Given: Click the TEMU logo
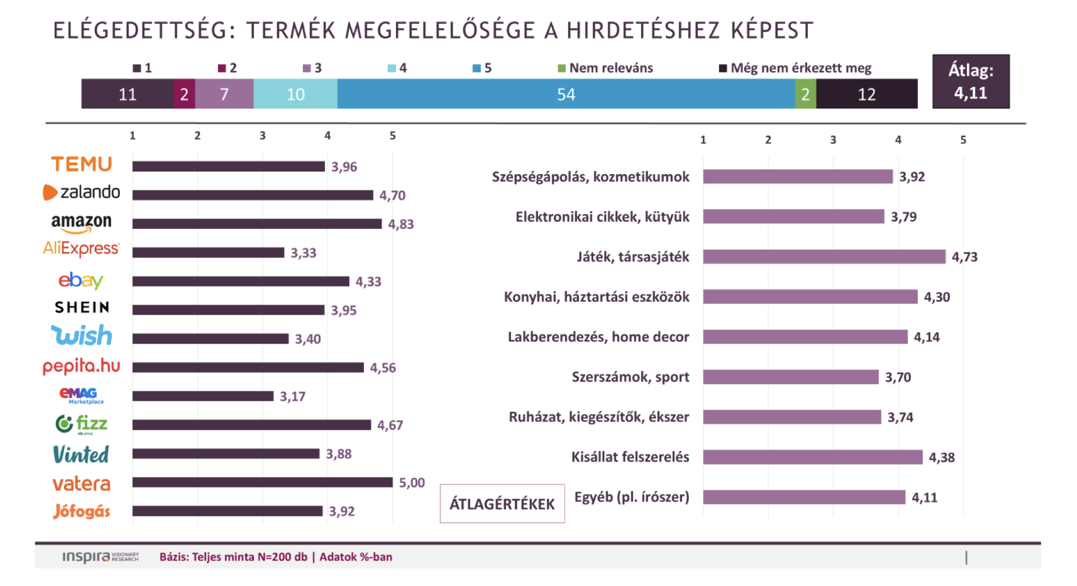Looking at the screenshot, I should pyautogui.click(x=82, y=164).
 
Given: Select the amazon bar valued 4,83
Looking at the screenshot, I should pyautogui.click(x=257, y=224).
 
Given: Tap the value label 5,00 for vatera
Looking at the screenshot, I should pyautogui.click(x=411, y=482).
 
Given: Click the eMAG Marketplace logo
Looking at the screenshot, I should pyautogui.click(x=81, y=396).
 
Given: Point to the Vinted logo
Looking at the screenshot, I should pyautogui.click(x=81, y=454).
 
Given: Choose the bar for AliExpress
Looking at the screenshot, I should pyautogui.click(x=208, y=252).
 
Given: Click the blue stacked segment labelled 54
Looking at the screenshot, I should pyautogui.click(x=566, y=94).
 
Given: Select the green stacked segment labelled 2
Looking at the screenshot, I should pyautogui.click(x=805, y=94).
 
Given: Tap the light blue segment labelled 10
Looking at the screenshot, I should pyautogui.click(x=295, y=94).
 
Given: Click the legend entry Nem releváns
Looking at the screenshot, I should pyautogui.click(x=605, y=68).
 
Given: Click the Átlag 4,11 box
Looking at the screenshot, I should pyautogui.click(x=970, y=82).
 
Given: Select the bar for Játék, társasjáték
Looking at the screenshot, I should pyautogui.click(x=824, y=257).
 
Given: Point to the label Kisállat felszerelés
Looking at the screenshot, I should pyautogui.click(x=630, y=457).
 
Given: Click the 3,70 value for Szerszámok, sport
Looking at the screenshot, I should pyautogui.click(x=898, y=377).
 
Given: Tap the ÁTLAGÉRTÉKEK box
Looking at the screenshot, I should pyautogui.click(x=502, y=503).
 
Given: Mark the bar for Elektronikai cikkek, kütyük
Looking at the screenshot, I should pyautogui.click(x=793, y=217).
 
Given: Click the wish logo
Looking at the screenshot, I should pyautogui.click(x=82, y=336).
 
